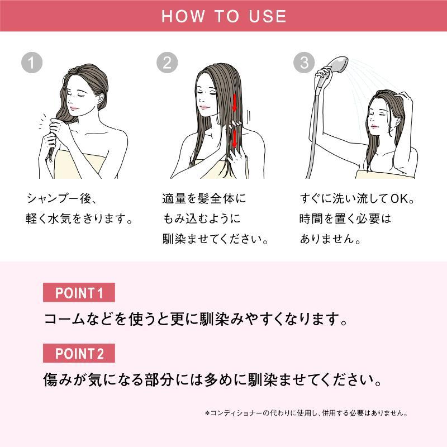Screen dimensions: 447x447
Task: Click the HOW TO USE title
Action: point(224,16)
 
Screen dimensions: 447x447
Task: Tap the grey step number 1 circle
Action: point(32,63)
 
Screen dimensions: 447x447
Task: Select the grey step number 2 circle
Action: point(167,63)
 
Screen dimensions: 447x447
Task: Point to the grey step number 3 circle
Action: point(304,63)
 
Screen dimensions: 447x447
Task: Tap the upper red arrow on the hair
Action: point(234,103)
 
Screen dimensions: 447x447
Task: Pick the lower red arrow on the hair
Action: point(234,139)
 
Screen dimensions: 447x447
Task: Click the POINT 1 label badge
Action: point(79,292)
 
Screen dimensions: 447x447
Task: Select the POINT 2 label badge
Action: point(79,353)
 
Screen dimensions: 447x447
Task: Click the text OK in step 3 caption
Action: point(400,199)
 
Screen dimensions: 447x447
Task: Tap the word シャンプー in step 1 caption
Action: point(52,198)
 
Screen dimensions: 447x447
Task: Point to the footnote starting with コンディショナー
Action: point(306,413)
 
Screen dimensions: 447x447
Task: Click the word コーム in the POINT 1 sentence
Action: point(65,318)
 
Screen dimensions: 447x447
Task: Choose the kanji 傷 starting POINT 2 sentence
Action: point(50,380)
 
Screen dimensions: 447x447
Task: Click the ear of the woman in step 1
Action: point(101,99)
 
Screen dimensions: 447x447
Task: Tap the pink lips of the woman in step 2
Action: point(205,107)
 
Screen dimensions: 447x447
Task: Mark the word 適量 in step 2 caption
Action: point(174,199)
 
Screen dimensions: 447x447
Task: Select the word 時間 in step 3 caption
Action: point(311,218)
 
